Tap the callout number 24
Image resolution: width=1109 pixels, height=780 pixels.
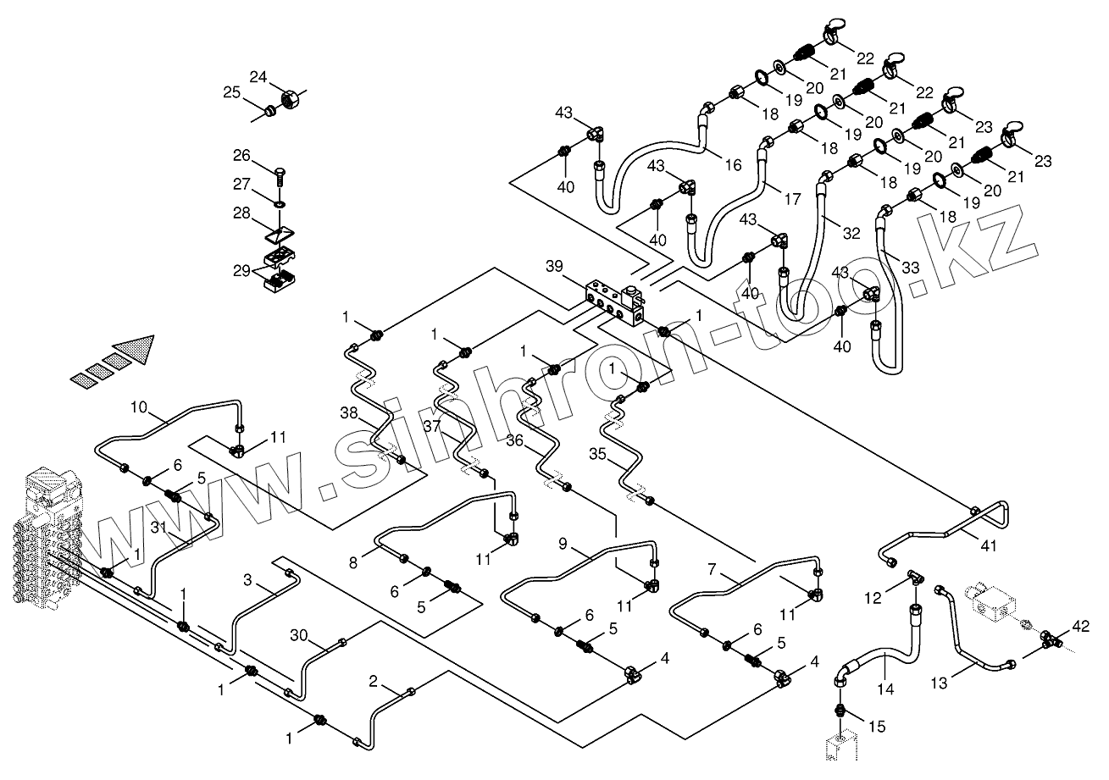pyautogui.click(x=258, y=77)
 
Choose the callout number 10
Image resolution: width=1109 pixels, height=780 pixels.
pyautogui.click(x=139, y=408)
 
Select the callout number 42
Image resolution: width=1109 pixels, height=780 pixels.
pyautogui.click(x=1079, y=627)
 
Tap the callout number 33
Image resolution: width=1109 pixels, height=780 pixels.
pyautogui.click(x=910, y=268)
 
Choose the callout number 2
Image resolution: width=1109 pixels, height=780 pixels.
pyautogui.click(x=373, y=681)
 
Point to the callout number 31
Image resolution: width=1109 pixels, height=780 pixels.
pyautogui.click(x=158, y=526)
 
